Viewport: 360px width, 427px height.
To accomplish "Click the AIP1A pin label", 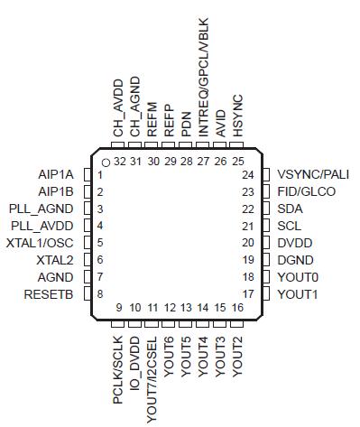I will [57, 174].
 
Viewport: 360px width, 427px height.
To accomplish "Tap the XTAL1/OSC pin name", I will [42, 243].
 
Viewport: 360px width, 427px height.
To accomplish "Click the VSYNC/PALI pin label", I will [313, 174].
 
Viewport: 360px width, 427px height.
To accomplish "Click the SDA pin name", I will [291, 209].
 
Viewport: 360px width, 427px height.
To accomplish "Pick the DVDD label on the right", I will [294, 243].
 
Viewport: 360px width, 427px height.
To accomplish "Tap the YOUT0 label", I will [297, 277].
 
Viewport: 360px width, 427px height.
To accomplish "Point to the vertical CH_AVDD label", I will [117, 107].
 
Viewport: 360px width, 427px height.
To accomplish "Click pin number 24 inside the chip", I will [247, 174].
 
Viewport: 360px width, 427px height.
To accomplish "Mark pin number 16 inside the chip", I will [238, 308].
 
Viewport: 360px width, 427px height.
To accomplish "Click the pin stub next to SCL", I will [266, 226].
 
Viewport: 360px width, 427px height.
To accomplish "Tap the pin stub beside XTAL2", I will [88, 260].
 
